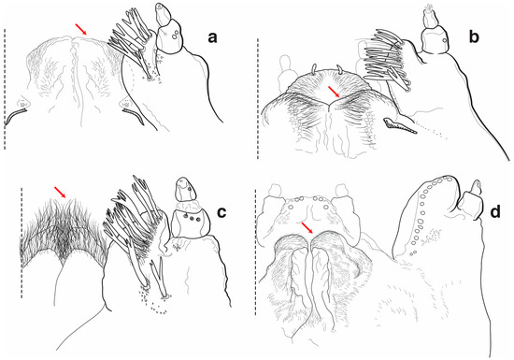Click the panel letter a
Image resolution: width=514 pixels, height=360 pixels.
click(212, 38)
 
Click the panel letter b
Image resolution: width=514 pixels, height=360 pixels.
click(474, 36)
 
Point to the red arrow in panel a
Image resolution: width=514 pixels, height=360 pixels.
click(81, 29)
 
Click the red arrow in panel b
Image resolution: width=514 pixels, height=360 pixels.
click(335, 92)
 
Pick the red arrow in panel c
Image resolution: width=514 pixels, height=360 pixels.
click(61, 192)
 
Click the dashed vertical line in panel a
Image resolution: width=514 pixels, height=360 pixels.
click(5, 89)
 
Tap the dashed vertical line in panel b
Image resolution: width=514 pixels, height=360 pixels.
click(258, 99)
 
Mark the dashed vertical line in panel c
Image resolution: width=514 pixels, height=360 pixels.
click(21, 243)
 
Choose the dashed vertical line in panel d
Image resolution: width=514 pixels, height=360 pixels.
click(256, 252)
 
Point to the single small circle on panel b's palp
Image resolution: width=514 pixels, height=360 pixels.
click(445, 40)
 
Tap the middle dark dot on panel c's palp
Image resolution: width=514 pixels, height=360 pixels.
click(192, 218)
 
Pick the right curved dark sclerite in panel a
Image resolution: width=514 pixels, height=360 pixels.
click(134, 117)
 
